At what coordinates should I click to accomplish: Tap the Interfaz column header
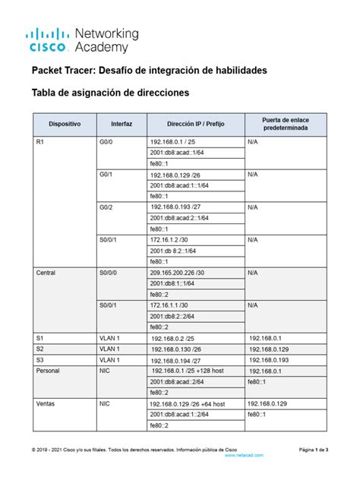pos(122,125)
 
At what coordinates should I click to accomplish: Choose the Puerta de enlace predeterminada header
pos(285,125)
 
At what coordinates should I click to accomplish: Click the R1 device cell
pos(40,142)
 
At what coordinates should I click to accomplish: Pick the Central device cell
pos(46,271)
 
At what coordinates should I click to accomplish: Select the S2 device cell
pos(40,349)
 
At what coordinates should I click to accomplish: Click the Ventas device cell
pos(46,404)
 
